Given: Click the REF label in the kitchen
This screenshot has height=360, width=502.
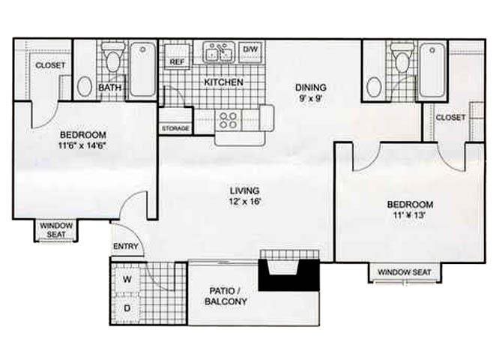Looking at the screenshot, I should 177,61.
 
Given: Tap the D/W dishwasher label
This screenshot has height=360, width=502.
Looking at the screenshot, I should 250,50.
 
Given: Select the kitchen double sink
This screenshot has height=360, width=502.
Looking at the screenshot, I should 219,52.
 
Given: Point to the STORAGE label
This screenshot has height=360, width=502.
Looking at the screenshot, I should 175,129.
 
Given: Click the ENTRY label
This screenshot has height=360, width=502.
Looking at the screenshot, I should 124,246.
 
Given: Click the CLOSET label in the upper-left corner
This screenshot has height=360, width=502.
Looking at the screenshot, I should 50,65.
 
